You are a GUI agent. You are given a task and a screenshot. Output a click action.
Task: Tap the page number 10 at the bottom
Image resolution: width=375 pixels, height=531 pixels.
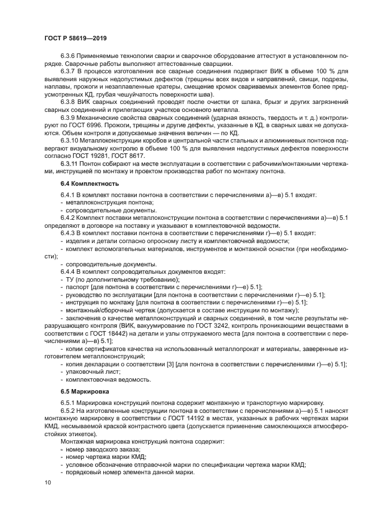tap(47, 483)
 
